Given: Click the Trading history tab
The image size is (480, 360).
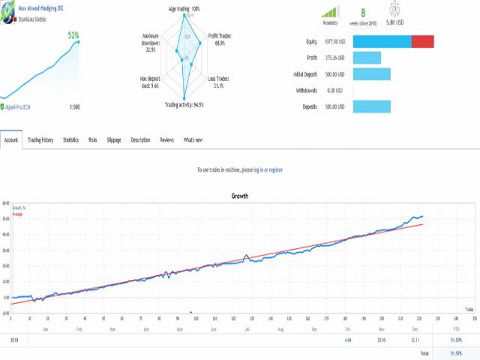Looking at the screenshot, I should coord(40,139).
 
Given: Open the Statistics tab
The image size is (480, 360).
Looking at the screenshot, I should coord(70,139).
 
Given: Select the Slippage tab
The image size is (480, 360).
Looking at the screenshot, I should coord(114,139).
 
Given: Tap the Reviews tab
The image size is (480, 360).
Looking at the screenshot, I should coord(166,139).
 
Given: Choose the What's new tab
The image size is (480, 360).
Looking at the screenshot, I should coord(193,139).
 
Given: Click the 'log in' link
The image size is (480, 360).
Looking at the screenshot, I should coord(257,170).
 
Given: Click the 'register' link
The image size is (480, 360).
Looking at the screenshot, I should coord(275,170).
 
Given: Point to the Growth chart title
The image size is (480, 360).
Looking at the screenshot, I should coord(240,196).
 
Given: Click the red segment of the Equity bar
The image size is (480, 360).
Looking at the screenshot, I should coord(423,41).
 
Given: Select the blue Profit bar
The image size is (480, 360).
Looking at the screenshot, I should coord(367,58).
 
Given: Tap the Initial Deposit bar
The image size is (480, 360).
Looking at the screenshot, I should coord(371,73).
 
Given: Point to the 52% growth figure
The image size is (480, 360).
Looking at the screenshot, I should coord(74,35).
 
